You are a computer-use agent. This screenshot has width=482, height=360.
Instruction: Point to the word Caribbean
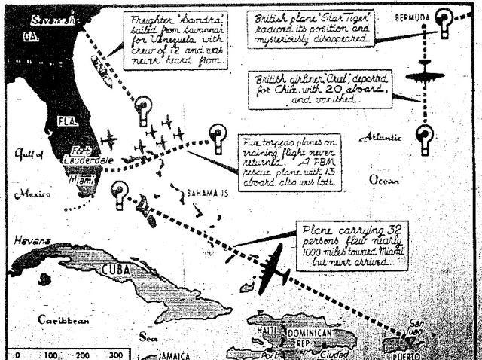(64, 319)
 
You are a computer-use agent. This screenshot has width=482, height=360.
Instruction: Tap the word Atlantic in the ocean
(381, 137)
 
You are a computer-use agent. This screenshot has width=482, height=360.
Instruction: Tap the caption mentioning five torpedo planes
(288, 162)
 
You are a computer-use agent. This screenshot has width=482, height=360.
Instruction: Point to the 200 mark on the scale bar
(82, 354)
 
